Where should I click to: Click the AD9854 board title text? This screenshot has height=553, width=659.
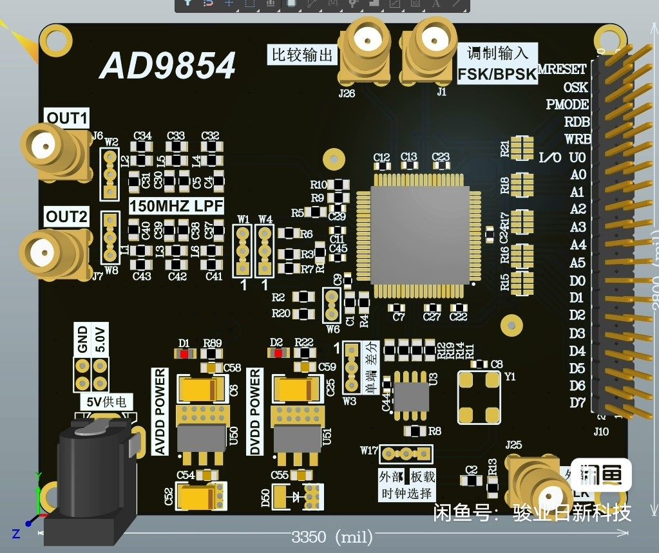[167, 66]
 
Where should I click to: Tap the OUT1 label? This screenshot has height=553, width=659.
[67, 118]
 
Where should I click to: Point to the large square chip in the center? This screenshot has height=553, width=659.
[419, 235]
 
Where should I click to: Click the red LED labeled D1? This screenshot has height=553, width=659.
[185, 353]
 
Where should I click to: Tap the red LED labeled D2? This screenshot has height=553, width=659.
[278, 352]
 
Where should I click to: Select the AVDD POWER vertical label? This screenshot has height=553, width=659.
[160, 411]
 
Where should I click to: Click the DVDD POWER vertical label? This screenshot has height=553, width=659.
[256, 411]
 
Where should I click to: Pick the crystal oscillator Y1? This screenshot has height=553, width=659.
[478, 397]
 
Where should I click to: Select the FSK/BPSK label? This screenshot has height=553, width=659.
[497, 74]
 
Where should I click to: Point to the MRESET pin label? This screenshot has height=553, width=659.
[562, 69]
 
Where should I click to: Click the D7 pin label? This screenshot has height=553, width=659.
[578, 403]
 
